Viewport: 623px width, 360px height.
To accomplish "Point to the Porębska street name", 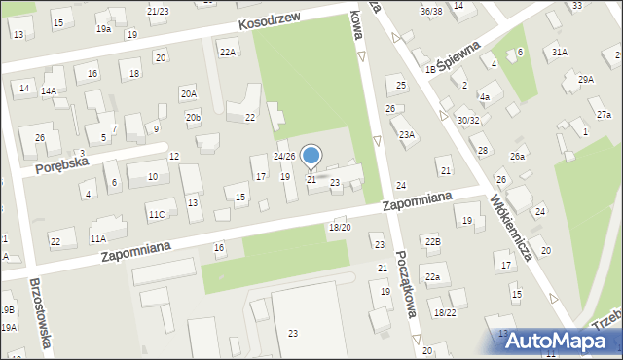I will (62, 164).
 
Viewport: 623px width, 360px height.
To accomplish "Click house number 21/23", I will (158, 11).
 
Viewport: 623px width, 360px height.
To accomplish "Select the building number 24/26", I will (283, 157).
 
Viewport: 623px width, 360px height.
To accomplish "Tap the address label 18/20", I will (340, 227).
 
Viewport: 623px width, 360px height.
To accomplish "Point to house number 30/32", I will (468, 120).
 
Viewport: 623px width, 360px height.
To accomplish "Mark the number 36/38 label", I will (432, 10).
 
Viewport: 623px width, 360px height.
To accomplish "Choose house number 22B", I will (432, 240).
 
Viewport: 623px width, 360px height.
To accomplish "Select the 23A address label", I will (406, 135).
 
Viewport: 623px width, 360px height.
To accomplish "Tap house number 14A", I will (48, 90).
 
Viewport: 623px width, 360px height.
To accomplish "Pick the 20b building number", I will (194, 119).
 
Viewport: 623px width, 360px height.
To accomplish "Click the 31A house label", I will (559, 52).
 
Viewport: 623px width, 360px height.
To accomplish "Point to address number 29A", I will (585, 80).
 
